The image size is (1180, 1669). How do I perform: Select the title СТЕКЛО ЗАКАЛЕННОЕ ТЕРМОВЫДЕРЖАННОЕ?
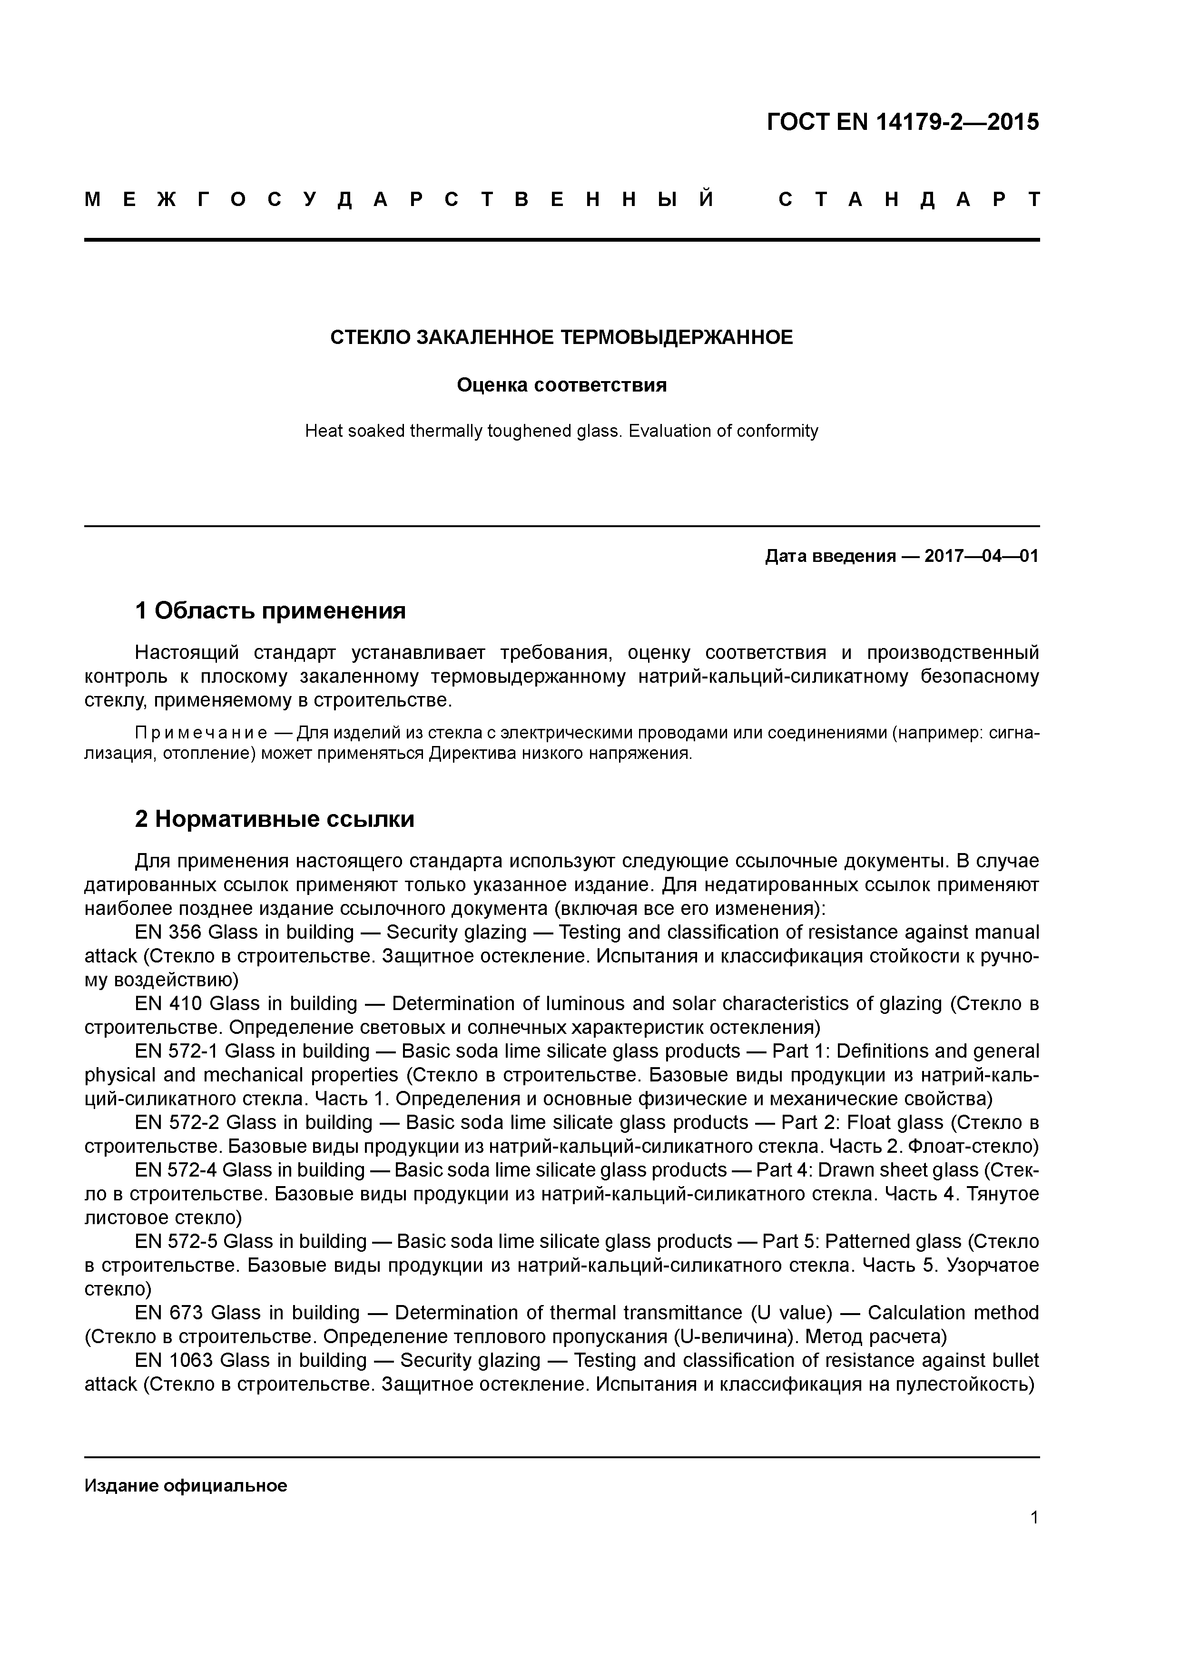(x=561, y=338)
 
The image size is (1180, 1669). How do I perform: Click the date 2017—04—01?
(x=982, y=557)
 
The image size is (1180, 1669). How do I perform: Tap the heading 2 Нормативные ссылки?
(x=275, y=820)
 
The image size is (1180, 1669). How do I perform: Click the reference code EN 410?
(x=169, y=1004)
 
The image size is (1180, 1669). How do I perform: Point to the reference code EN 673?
(x=169, y=1313)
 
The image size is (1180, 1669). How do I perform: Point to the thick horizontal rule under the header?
(x=561, y=240)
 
